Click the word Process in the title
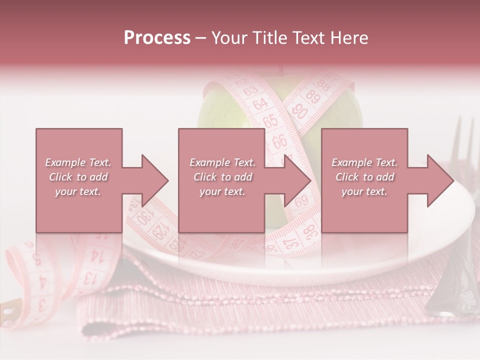pyautogui.click(x=157, y=38)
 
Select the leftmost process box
pyautogui.click(x=79, y=180)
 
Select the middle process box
pyautogui.click(x=221, y=180)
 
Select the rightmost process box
pyautogui.click(x=364, y=180)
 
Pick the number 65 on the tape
pyautogui.click(x=270, y=120)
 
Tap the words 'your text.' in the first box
pyautogui.click(x=77, y=191)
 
